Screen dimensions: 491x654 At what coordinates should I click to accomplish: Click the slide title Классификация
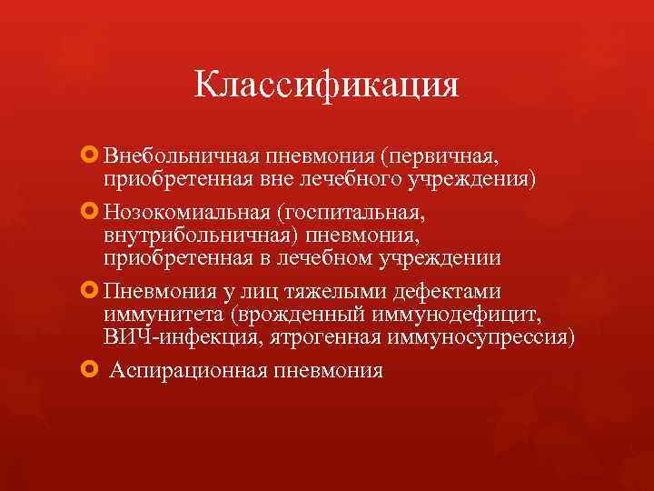pos(326,86)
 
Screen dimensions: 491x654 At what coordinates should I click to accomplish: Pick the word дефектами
pos(451,293)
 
